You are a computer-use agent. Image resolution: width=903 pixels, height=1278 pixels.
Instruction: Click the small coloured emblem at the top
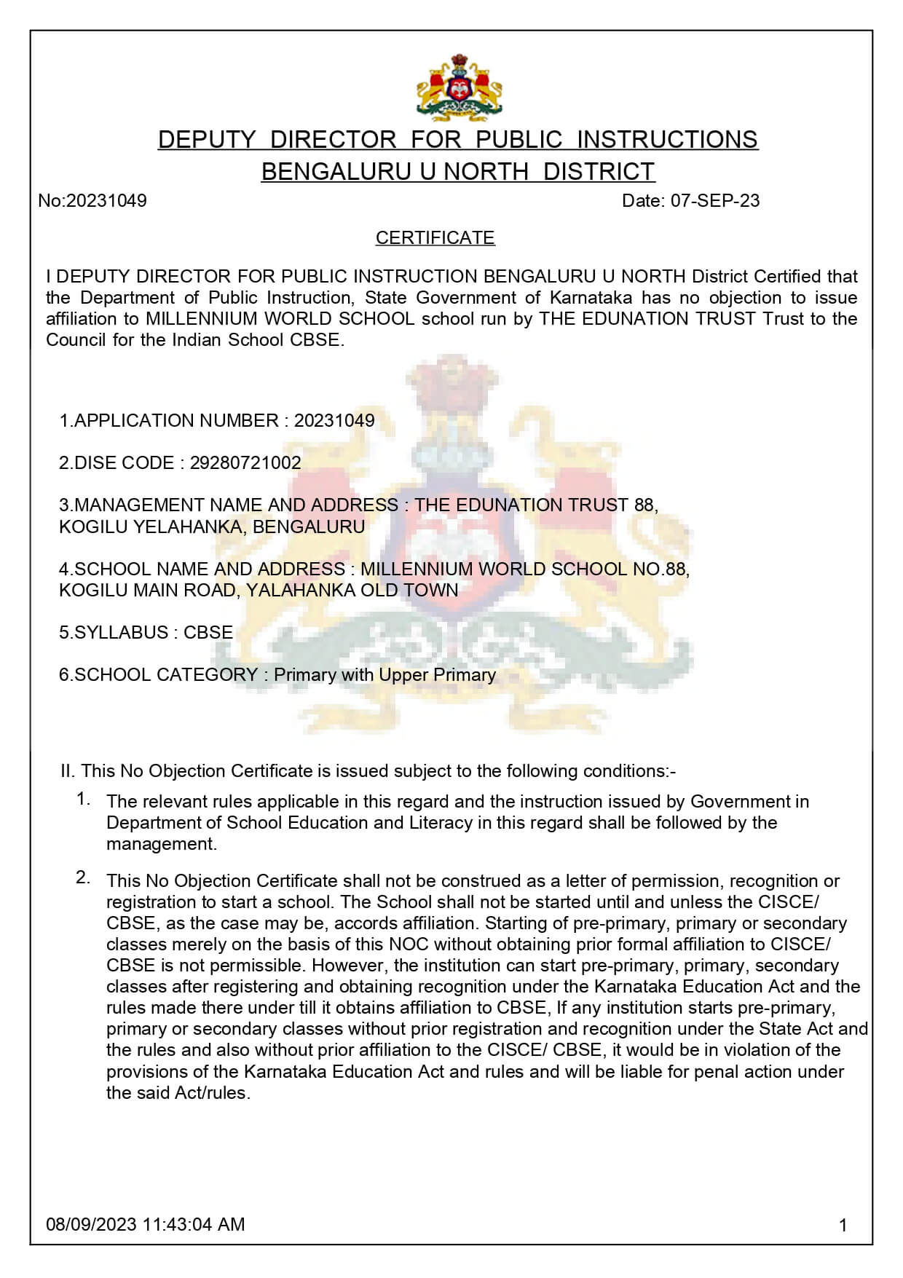pyautogui.click(x=459, y=87)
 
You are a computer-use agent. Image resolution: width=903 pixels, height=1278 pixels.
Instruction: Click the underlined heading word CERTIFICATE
pyautogui.click(x=435, y=238)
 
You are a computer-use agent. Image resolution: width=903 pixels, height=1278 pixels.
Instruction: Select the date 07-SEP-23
pyautogui.click(x=714, y=201)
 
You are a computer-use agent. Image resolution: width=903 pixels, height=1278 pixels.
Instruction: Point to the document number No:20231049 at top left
pyautogui.click(x=92, y=201)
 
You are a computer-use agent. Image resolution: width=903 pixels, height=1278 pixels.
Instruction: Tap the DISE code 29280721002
pyautogui.click(x=245, y=463)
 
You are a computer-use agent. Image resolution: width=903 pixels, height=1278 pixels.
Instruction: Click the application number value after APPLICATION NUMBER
pyautogui.click(x=334, y=421)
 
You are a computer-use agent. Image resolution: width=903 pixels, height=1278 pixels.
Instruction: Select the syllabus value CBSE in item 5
pyautogui.click(x=208, y=632)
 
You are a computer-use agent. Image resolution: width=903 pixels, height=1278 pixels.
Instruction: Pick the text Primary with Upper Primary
pyautogui.click(x=385, y=675)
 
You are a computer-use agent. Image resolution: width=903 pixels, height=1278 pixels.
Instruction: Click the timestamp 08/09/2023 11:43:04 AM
pyautogui.click(x=146, y=1224)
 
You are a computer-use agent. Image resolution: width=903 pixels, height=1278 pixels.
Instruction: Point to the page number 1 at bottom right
pyautogui.click(x=843, y=1226)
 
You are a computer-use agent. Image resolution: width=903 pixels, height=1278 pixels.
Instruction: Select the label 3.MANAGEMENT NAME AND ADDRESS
pyautogui.click(x=229, y=505)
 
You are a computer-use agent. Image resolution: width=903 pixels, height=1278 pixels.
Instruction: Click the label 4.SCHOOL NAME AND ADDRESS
pyautogui.click(x=202, y=569)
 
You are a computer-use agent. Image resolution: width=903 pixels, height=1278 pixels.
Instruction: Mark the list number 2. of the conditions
pyautogui.click(x=83, y=877)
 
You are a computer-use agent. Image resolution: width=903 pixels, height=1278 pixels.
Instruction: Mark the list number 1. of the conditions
pyautogui.click(x=83, y=799)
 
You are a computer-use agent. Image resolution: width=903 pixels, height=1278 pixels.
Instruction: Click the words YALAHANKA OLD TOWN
pyautogui.click(x=352, y=591)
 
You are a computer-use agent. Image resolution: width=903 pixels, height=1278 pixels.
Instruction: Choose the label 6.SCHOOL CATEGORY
pyautogui.click(x=158, y=675)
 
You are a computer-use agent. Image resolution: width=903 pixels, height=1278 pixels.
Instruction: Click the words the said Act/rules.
pyautogui.click(x=178, y=1093)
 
